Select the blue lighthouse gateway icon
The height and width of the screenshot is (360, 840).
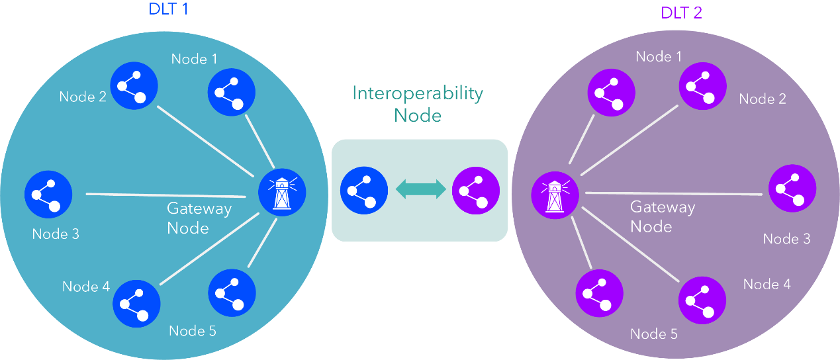[x=282, y=193]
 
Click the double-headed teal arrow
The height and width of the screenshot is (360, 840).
[x=420, y=190]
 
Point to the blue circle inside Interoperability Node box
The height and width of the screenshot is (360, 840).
[x=363, y=191]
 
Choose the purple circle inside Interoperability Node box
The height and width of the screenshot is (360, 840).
[x=475, y=191]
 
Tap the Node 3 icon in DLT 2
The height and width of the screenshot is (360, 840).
[x=792, y=189]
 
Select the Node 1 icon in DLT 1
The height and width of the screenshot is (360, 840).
[x=232, y=93]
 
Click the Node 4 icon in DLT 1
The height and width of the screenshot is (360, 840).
[x=136, y=304]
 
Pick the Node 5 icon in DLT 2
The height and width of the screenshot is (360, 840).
[x=599, y=293]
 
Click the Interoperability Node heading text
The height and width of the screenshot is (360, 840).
[x=418, y=104]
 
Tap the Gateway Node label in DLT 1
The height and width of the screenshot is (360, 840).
[x=199, y=218]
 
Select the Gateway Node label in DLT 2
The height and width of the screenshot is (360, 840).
[x=662, y=216]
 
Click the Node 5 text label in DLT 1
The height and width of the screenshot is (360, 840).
[x=192, y=330]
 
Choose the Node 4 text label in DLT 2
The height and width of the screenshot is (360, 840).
[x=767, y=284]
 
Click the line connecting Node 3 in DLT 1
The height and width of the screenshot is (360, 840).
[x=165, y=195]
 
